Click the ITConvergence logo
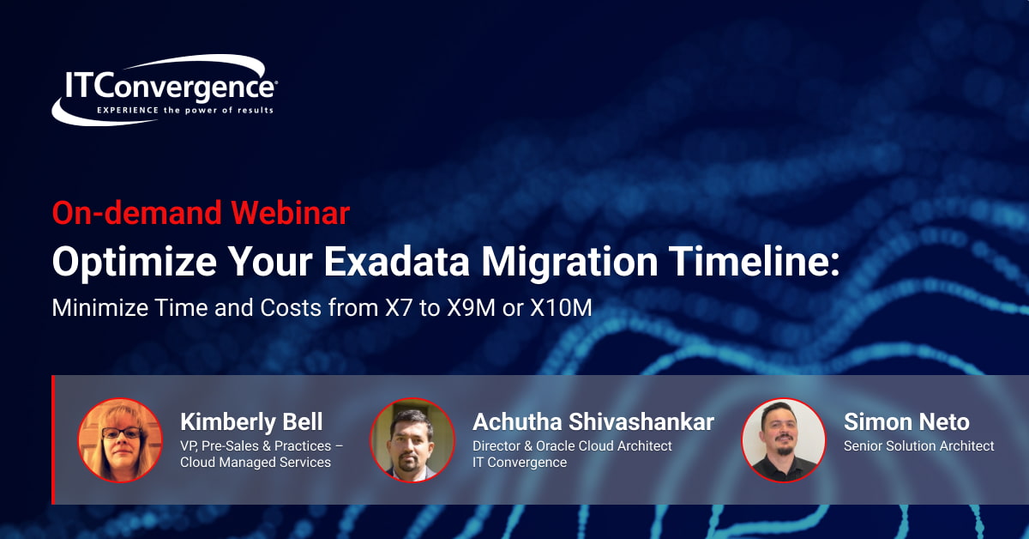point(165,90)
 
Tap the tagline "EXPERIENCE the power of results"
point(185,111)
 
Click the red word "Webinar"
point(291,213)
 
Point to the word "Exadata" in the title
point(397,261)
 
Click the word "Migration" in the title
point(569,262)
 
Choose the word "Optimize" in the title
point(135,262)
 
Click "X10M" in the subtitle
point(561,307)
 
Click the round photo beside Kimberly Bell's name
point(120,440)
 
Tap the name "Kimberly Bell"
point(251,421)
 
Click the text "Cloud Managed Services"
point(256,463)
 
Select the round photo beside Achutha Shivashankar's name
point(412,440)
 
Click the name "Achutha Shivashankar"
point(593,421)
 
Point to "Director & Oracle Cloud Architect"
point(573,445)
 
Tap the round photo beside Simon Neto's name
point(783,440)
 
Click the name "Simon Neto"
point(907,421)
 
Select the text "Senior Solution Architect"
point(919,445)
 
